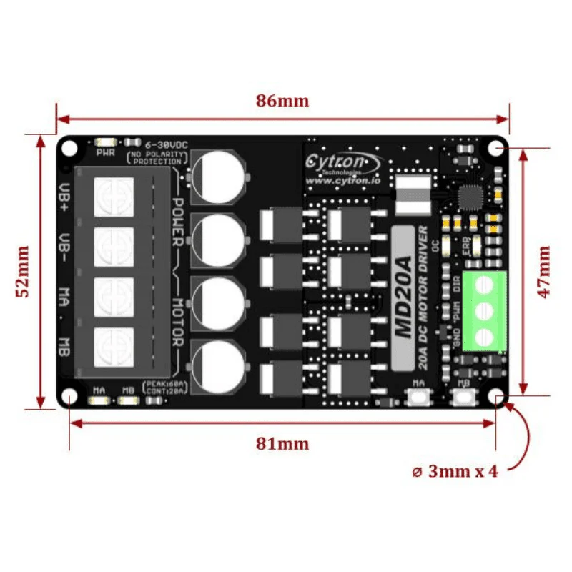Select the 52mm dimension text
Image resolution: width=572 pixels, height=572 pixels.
(24, 272)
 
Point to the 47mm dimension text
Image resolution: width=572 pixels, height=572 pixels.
(544, 272)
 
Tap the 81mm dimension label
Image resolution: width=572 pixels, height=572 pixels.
(282, 444)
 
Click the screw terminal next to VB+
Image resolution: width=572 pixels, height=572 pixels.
(114, 195)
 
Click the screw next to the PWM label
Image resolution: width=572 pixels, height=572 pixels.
(484, 311)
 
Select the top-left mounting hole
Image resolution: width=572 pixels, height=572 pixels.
(69, 148)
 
